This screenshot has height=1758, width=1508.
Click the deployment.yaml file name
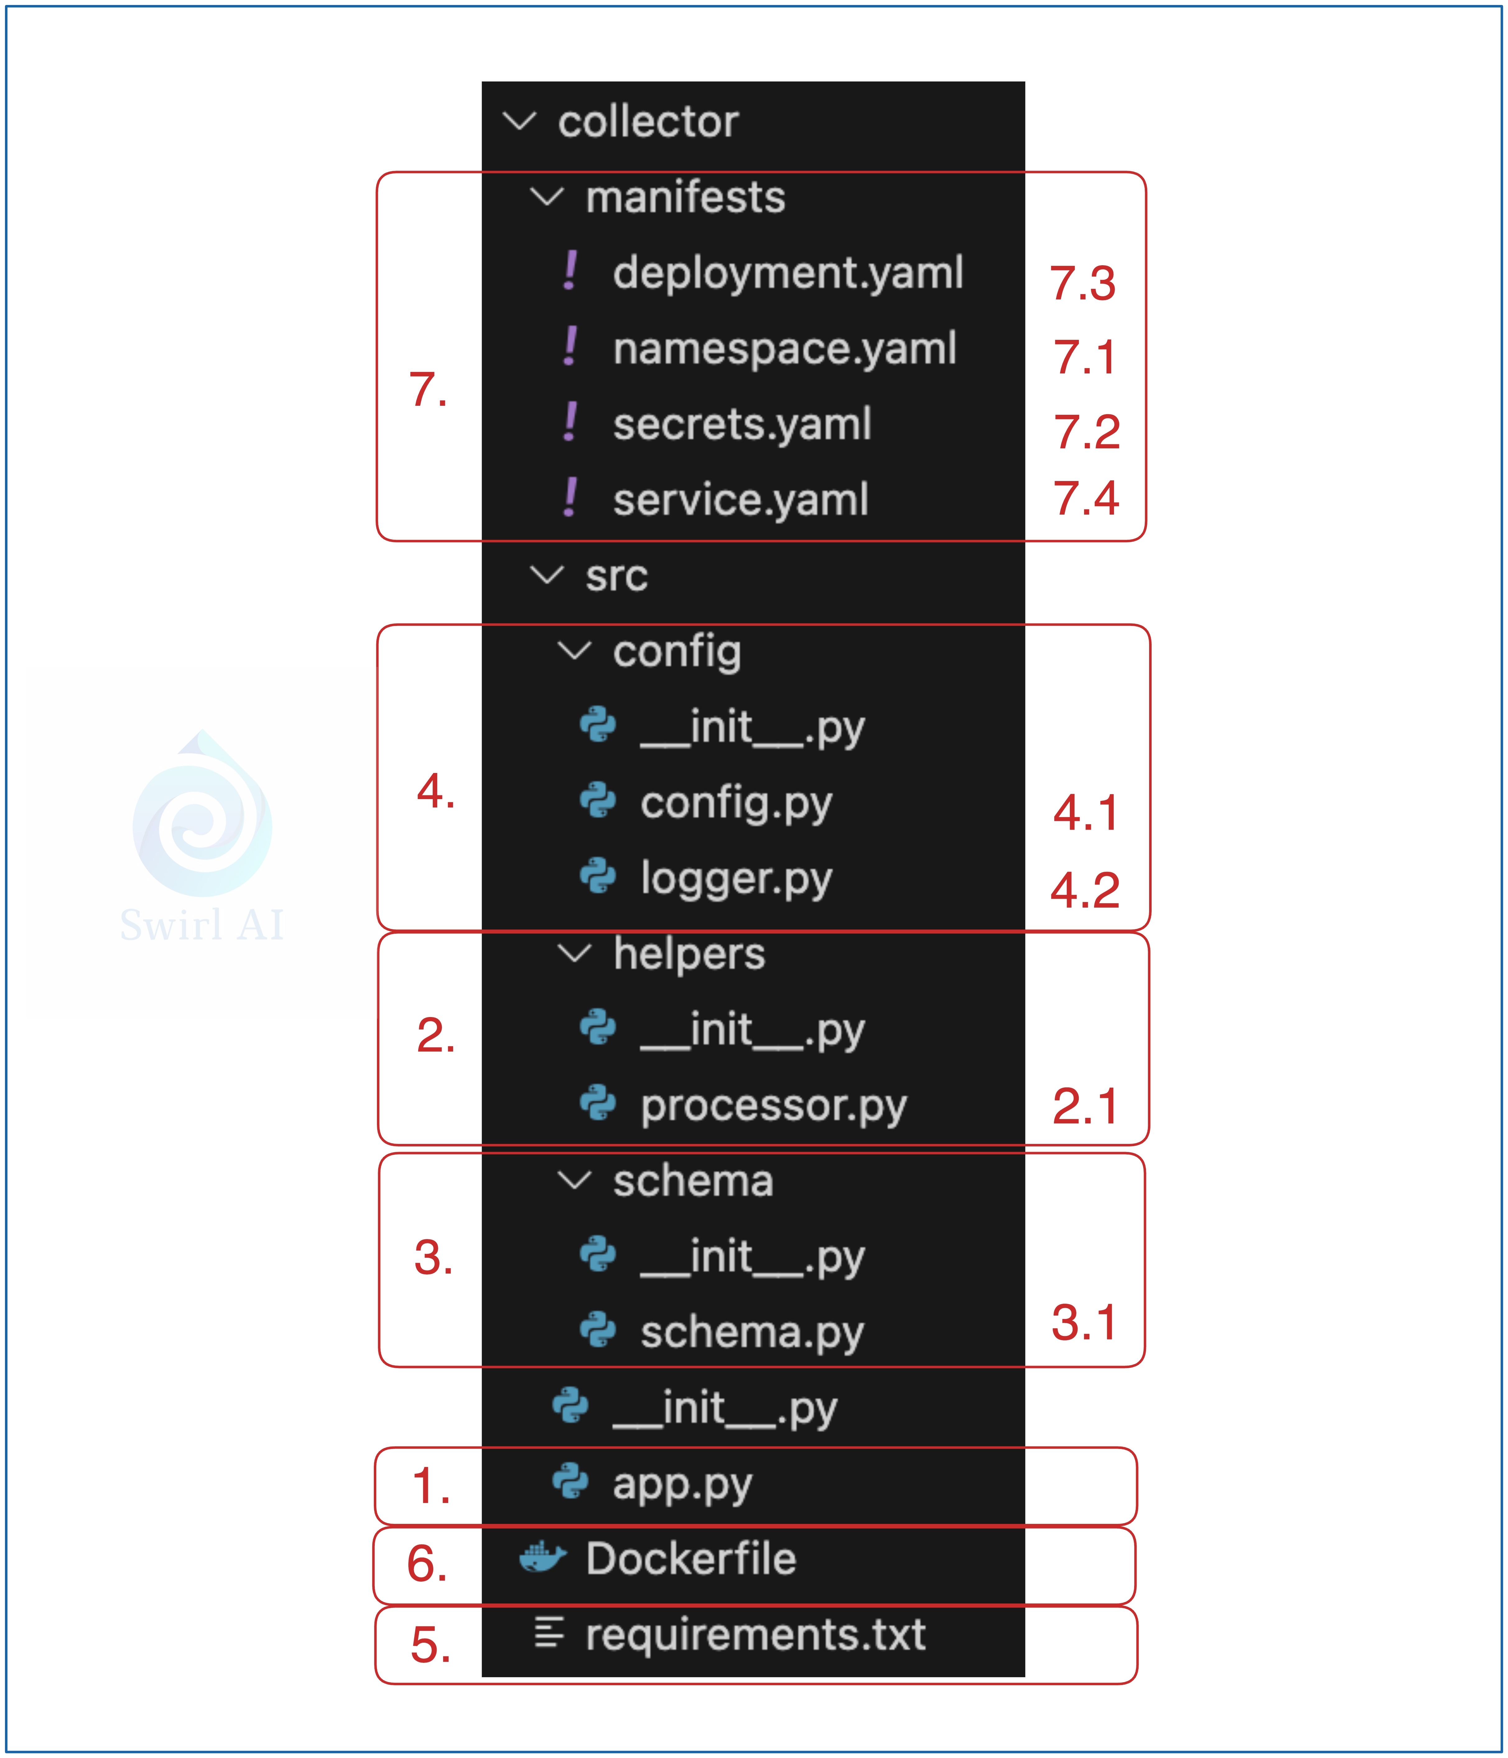point(787,273)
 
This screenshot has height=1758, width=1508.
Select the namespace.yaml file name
point(784,349)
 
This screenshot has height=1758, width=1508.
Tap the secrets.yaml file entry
point(742,424)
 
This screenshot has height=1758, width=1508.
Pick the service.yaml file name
point(740,500)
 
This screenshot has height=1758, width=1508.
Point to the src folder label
point(616,576)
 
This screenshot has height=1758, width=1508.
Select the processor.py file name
point(773,1106)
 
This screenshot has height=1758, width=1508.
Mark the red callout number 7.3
point(1083,283)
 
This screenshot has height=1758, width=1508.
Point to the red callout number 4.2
point(1084,890)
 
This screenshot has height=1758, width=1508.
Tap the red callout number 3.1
point(1083,1323)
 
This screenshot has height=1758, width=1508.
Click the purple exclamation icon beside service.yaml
point(570,498)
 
